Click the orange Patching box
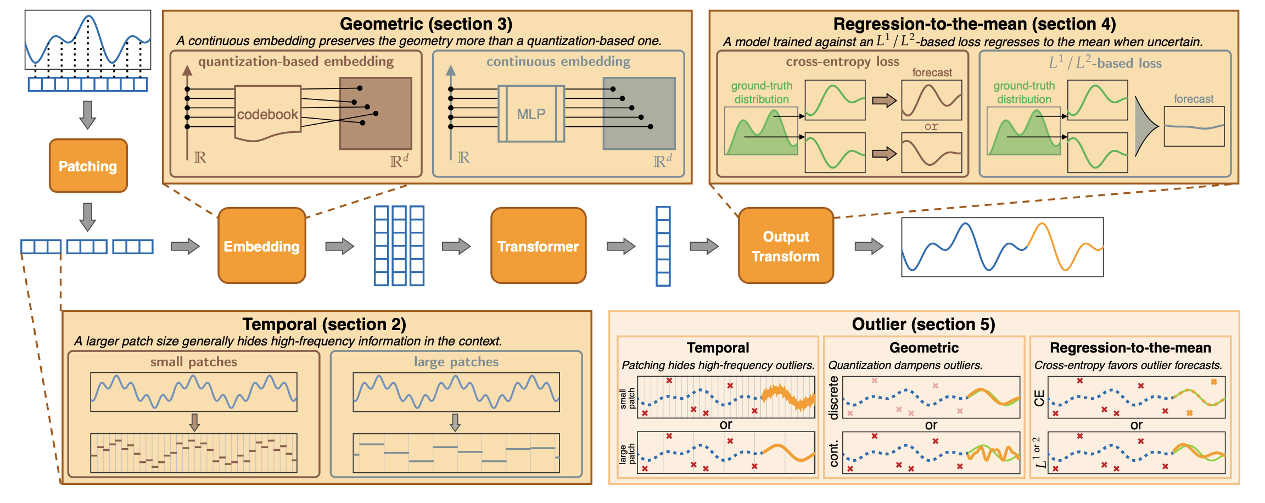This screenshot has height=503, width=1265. point(88,166)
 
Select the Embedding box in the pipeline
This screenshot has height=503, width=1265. point(262,245)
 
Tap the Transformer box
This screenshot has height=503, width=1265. point(538,245)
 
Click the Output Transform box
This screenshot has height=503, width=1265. point(786,245)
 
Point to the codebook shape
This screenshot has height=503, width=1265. point(267,113)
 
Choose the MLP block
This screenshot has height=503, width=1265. point(531,114)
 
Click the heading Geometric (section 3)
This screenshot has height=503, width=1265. point(426,24)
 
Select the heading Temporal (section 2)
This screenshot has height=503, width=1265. point(324,324)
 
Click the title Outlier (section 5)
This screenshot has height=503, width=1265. point(923,324)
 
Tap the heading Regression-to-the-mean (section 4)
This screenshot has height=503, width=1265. point(975,24)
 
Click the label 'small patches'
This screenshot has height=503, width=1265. point(194,362)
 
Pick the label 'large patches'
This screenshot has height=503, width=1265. point(456,362)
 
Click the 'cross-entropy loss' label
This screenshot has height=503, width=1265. point(842,62)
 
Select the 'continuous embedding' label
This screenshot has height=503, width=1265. point(558,62)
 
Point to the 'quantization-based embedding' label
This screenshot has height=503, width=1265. point(296,62)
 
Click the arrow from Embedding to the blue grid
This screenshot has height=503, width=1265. point(340,246)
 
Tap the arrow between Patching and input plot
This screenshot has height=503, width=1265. point(88,115)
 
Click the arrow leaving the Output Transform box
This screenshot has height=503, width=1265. point(869,246)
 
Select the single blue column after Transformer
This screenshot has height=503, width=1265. point(663,246)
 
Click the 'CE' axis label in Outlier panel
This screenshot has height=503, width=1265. point(1039,398)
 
